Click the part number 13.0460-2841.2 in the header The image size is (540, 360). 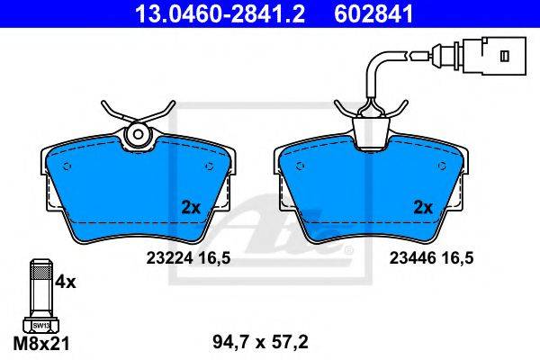[x=220, y=14]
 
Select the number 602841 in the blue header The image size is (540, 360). [x=373, y=14]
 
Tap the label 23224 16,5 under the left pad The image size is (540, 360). [x=188, y=258]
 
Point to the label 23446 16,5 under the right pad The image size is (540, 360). [x=431, y=258]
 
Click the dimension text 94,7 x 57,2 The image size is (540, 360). [x=260, y=342]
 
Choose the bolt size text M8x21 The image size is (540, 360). [x=41, y=343]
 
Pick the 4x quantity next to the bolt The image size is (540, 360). [x=65, y=283]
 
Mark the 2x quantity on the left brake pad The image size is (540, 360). [x=191, y=208]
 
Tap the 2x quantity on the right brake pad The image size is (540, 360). [x=423, y=208]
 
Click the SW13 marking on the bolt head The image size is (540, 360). [x=41, y=325]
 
